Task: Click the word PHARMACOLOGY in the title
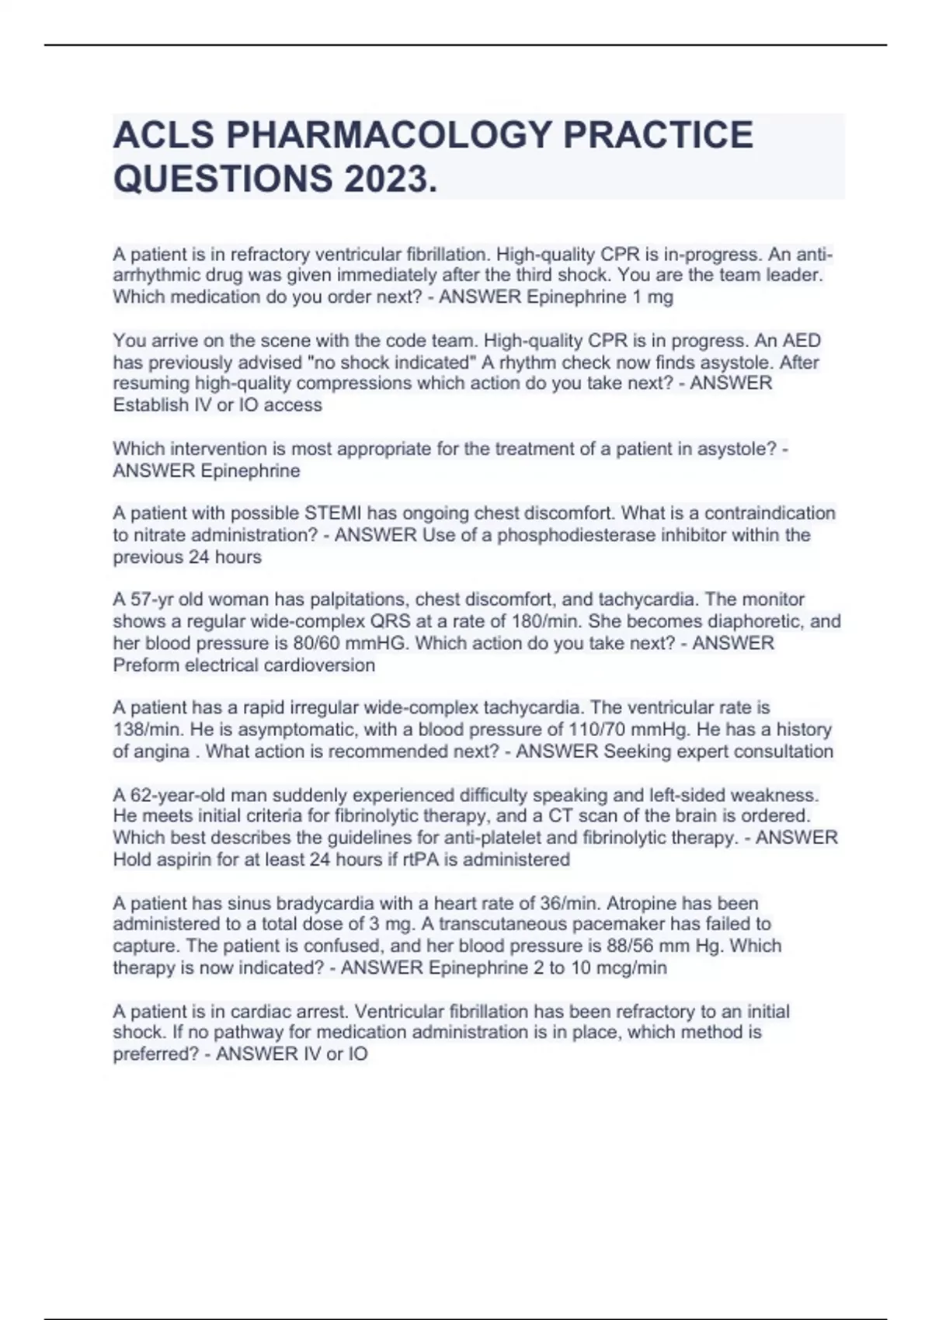tap(388, 134)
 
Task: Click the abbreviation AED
tap(801, 341)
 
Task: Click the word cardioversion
tap(319, 665)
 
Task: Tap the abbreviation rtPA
tap(419, 860)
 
